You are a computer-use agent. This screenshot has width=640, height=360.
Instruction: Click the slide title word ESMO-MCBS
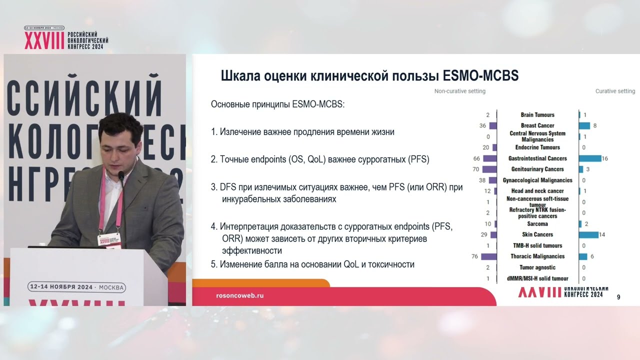pyautogui.click(x=481, y=76)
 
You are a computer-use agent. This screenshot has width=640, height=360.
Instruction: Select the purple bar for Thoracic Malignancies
pyautogui.click(x=488, y=256)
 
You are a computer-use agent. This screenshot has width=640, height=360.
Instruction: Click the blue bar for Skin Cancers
pyautogui.click(x=589, y=234)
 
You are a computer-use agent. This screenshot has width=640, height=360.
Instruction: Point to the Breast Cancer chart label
pyautogui.click(x=537, y=125)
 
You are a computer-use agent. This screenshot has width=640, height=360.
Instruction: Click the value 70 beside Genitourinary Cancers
pyautogui.click(x=475, y=169)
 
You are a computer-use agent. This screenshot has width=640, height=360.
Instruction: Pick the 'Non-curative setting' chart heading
pyautogui.click(x=459, y=91)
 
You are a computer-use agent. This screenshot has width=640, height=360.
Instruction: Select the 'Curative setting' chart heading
pyautogui.click(x=615, y=91)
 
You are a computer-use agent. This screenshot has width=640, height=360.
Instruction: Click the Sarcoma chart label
pyautogui.click(x=537, y=224)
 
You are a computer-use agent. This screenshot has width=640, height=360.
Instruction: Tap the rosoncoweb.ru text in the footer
pyautogui.click(x=239, y=295)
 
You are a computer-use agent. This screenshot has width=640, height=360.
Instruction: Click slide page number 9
pyautogui.click(x=618, y=297)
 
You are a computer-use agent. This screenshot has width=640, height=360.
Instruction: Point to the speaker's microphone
pyautogui.click(x=120, y=175)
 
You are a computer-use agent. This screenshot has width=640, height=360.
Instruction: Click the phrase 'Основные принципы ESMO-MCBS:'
pyautogui.click(x=278, y=105)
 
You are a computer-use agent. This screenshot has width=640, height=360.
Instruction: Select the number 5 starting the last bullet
pyautogui.click(x=213, y=264)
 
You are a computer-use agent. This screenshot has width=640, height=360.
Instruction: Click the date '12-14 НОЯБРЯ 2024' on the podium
pyautogui.click(x=61, y=287)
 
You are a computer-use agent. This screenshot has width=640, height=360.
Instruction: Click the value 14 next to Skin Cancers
pyautogui.click(x=602, y=234)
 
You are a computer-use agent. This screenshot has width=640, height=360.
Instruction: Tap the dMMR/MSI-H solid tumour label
pyautogui.click(x=537, y=278)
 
